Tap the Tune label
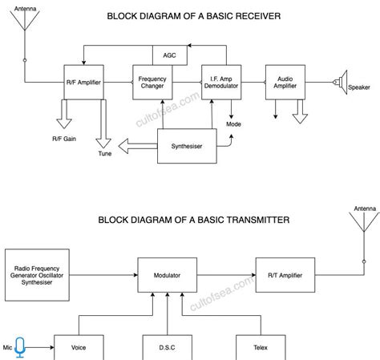click(105, 154)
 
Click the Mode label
click(234, 124)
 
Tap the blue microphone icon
click(20, 347)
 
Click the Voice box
click(79, 347)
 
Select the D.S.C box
click(167, 347)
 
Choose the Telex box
click(260, 347)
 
